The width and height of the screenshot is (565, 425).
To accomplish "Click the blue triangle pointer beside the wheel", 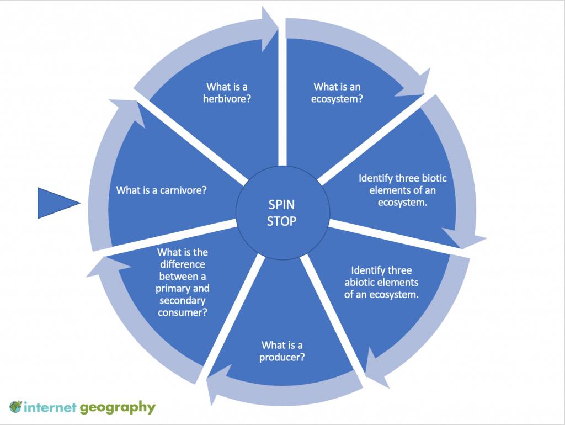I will (55, 203).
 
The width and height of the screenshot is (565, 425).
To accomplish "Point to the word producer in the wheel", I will (281, 357).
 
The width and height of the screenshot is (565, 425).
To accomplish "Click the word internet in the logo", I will (49, 408).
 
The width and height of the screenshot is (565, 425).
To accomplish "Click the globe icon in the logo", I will (15, 408).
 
